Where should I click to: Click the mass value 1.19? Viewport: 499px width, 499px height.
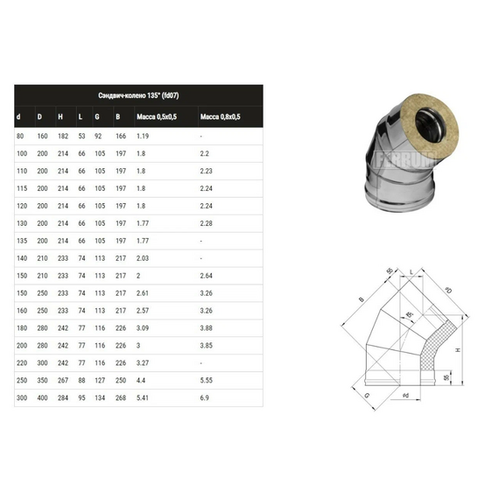point(143,137)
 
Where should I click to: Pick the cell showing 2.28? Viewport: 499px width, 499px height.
point(207,223)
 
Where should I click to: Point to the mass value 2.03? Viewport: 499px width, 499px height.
point(144,257)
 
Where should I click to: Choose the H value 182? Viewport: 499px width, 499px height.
point(61,137)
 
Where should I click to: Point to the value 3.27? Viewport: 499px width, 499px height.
point(144,361)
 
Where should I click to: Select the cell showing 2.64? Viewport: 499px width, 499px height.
point(207,275)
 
